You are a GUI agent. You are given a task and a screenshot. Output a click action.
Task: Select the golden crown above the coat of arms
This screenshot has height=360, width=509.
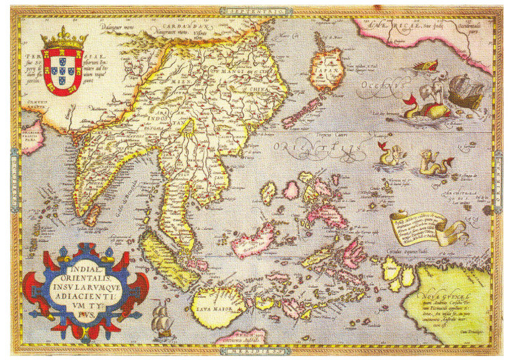(x=64, y=39)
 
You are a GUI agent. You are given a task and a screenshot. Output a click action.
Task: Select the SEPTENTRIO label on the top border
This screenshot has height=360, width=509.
(x=254, y=11)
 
